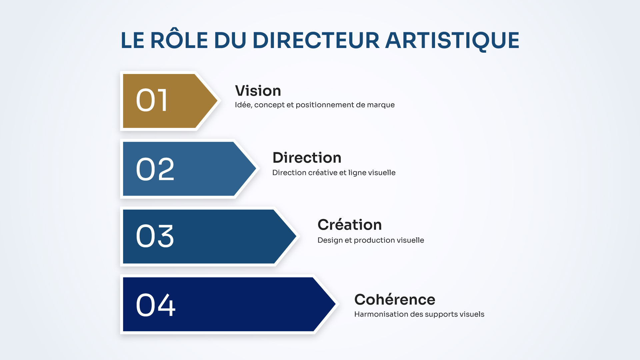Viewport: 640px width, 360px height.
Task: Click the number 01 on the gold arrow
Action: pos(152,100)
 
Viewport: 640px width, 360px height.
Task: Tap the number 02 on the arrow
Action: pos(155,169)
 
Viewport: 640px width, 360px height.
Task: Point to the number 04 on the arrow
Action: pos(156,305)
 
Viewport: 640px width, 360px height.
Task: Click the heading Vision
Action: pos(258,91)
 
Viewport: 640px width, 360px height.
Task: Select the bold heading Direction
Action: pos(307,158)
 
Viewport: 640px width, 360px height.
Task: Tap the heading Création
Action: pos(349,225)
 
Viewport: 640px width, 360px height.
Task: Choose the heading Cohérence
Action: pos(395,299)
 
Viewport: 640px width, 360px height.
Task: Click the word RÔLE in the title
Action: pos(179,40)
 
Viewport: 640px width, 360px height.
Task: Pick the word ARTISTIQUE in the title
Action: pos(452,40)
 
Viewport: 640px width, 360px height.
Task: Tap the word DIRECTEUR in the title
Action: pos(316,40)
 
